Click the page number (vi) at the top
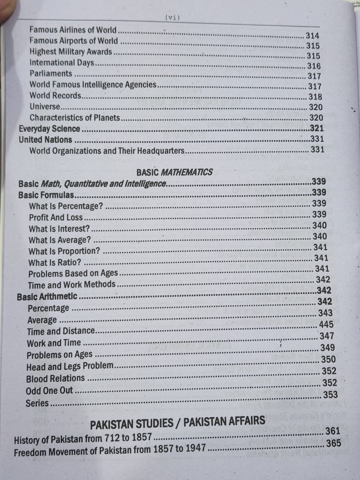172,18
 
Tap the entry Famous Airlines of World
73,30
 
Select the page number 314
312,36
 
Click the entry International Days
62,63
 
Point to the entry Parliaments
51,73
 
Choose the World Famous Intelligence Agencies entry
93,85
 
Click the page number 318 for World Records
315,97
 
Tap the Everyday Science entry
49,129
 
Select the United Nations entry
45,140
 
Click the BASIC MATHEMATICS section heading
174,172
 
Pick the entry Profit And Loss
55,217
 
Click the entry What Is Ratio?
55,262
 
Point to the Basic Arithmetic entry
47,297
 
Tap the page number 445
326,324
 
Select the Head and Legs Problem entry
70,366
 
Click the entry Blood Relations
55,378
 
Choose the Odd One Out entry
49,391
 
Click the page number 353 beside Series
330,394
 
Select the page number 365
333,443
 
